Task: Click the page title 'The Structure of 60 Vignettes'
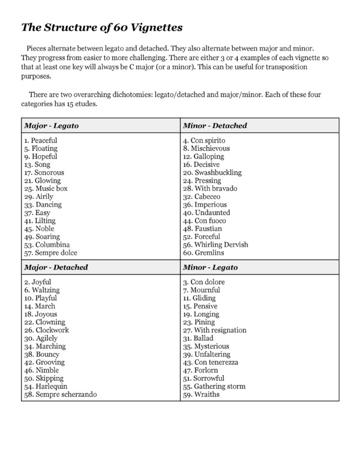pyautogui.click(x=102, y=27)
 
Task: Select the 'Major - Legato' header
pyautogui.click(x=52, y=126)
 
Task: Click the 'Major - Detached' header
pyautogui.click(x=56, y=267)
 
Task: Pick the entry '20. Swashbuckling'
pyautogui.click(x=212, y=172)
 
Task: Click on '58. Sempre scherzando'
pyautogui.click(x=60, y=395)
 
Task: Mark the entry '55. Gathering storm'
pyautogui.click(x=214, y=386)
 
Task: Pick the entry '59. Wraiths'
pyautogui.click(x=202, y=395)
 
